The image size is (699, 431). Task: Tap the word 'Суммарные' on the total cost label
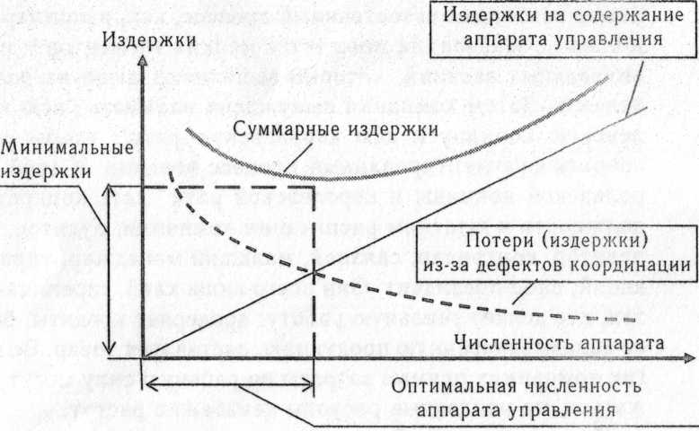click(288, 129)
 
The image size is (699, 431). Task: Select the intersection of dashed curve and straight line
click(314, 268)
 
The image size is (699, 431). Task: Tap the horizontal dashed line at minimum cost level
click(234, 187)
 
